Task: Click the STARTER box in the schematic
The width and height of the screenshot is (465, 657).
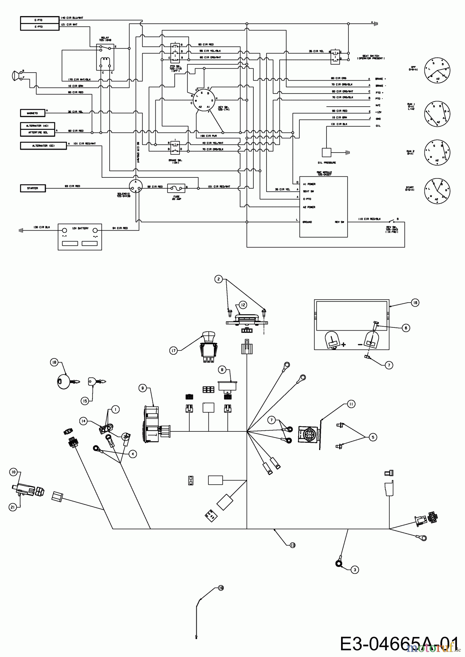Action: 33,188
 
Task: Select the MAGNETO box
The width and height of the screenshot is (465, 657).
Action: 33,113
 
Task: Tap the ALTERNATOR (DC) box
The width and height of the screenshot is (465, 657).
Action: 44,146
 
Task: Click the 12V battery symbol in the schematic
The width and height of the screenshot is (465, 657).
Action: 80,237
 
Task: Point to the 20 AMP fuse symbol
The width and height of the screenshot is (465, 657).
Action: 176,188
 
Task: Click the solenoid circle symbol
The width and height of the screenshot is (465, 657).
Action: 136,186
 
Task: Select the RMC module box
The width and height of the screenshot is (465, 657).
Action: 323,207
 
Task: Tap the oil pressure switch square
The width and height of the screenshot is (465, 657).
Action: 326,153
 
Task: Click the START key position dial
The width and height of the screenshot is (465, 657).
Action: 437,191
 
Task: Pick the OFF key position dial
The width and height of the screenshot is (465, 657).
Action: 437,70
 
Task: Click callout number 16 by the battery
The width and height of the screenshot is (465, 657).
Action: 415,303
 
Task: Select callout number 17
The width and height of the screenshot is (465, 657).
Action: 173,351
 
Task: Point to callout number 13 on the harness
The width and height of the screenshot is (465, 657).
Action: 292,545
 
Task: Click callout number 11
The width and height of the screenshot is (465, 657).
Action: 351,404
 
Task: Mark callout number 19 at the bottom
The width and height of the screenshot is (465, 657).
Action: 221,588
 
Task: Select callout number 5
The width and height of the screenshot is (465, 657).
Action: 373,437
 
